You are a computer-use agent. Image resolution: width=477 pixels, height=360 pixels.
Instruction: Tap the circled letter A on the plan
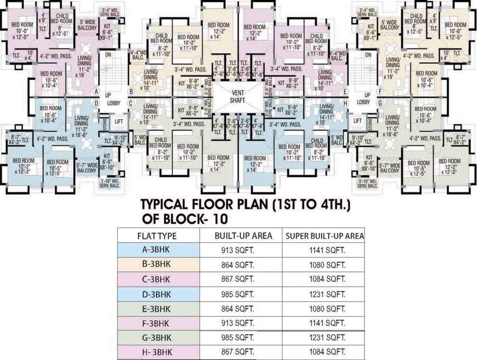point(97,91)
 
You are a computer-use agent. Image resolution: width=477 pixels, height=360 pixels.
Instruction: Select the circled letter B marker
point(132,91)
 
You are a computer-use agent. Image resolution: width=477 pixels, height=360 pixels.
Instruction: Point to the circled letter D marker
point(97,103)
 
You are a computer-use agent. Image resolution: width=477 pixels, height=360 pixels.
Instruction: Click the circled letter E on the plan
point(345,91)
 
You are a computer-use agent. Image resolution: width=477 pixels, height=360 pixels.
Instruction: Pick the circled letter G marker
point(380,103)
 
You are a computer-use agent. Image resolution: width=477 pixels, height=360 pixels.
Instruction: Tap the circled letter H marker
point(345,103)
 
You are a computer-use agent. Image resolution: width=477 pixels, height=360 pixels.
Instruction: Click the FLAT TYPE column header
point(157,236)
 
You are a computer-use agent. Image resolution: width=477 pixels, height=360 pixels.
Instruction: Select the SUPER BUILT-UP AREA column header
point(324,236)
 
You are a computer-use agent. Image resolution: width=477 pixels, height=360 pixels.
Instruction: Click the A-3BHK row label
point(157,250)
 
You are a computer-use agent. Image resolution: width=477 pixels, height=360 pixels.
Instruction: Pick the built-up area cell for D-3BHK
point(238,294)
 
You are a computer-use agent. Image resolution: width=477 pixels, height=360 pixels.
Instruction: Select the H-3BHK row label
point(158,352)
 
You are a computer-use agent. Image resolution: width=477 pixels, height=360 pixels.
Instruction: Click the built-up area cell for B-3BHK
point(238,265)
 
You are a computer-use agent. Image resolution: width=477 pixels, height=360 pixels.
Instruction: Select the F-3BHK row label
point(157,323)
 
